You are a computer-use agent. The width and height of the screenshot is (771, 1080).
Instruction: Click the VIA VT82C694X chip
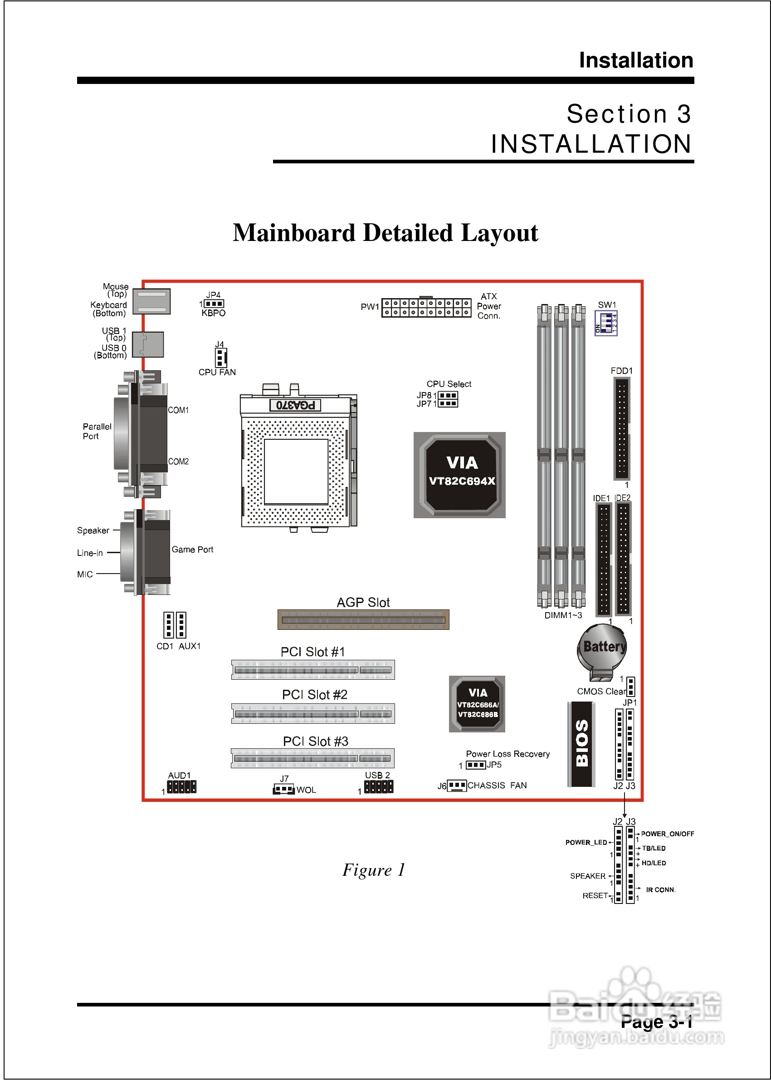pyautogui.click(x=459, y=475)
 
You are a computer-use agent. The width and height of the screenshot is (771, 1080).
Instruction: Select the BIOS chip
pyautogui.click(x=581, y=744)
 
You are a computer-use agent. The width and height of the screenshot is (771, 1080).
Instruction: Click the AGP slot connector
pyautogui.click(x=363, y=620)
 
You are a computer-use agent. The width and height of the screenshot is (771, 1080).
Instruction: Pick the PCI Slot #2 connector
pyautogui.click(x=313, y=713)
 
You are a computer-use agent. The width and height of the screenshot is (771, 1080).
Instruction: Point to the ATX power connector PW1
pyautogui.click(x=426, y=307)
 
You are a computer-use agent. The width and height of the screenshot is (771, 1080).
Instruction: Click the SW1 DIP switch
pyautogui.click(x=606, y=323)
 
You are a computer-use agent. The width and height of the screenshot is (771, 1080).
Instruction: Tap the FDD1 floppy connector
pyautogui.click(x=621, y=428)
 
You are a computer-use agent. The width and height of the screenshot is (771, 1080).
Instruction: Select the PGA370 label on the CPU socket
pyautogui.click(x=295, y=405)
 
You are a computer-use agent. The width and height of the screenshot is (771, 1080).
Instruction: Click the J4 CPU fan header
pyautogui.click(x=220, y=357)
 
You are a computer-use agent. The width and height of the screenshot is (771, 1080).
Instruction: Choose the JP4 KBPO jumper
pyautogui.click(x=214, y=304)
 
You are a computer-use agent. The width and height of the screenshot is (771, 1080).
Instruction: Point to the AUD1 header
pyautogui.click(x=181, y=787)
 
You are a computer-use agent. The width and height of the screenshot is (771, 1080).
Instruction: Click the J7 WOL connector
pyautogui.click(x=284, y=789)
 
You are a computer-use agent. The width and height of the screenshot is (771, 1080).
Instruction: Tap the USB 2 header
pyautogui.click(x=378, y=787)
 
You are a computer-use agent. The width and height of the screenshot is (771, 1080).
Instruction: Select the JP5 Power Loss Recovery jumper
pyautogui.click(x=476, y=765)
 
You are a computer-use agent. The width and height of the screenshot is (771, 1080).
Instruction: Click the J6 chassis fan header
pyautogui.click(x=457, y=785)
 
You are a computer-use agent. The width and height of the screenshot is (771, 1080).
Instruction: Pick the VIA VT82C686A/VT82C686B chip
pyautogui.click(x=477, y=704)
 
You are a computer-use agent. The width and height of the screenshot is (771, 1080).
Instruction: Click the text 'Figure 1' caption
pyautogui.click(x=374, y=870)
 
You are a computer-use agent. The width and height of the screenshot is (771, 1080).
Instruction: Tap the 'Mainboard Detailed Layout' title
pyautogui.click(x=385, y=233)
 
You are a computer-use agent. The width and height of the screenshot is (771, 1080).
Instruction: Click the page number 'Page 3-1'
pyautogui.click(x=657, y=1022)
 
